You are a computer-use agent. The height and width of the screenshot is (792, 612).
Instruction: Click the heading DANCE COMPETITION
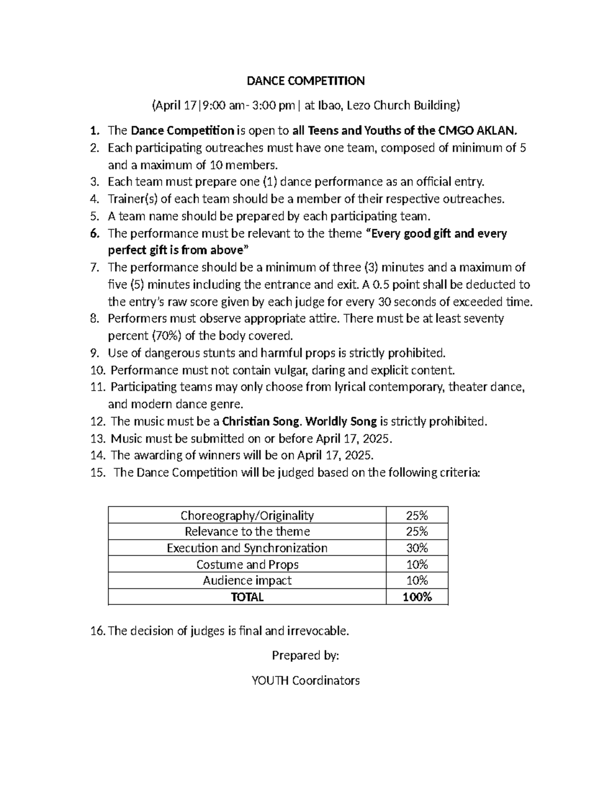(305, 81)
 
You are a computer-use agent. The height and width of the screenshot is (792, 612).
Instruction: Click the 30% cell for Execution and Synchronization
(417, 548)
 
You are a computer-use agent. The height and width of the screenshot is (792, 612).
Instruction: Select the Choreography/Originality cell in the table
(247, 515)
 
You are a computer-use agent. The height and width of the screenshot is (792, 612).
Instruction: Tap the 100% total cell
(417, 597)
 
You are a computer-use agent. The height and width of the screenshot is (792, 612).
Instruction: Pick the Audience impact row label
(247, 580)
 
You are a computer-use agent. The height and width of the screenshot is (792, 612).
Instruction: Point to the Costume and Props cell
(247, 564)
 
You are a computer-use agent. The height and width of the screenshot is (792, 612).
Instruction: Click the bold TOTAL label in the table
(247, 597)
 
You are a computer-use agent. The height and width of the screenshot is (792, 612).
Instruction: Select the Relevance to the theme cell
(247, 531)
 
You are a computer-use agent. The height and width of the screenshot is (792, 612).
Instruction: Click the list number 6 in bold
(94, 234)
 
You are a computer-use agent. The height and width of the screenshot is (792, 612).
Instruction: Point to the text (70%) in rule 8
(166, 336)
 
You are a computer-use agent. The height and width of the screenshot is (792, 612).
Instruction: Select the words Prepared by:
(305, 655)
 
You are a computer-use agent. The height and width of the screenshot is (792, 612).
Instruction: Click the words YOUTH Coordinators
(305, 680)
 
